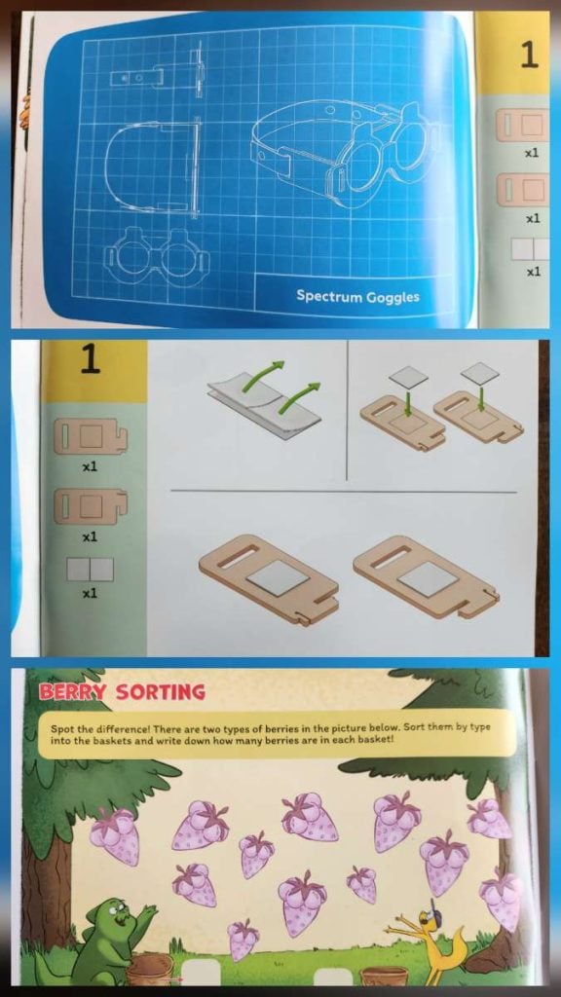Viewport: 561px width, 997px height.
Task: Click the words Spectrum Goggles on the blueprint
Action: tap(357, 296)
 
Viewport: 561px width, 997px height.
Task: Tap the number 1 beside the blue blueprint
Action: tap(529, 55)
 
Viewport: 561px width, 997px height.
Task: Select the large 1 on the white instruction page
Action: tap(91, 360)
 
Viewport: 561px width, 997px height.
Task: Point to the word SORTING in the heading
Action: tap(160, 692)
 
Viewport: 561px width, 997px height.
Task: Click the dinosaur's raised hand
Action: tap(147, 912)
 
